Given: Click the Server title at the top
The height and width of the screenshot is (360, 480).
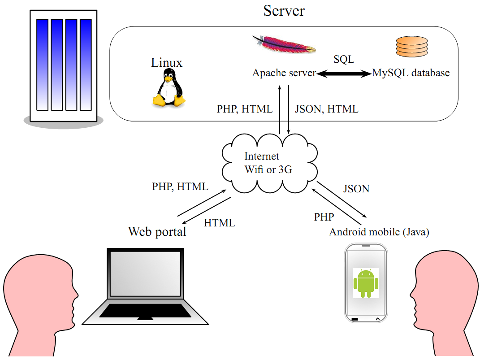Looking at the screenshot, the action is (284, 11).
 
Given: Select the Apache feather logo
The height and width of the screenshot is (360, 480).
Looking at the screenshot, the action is (284, 45).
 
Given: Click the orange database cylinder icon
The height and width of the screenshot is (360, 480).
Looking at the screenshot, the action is (412, 47).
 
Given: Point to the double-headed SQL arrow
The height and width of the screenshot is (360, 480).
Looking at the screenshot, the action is (344, 74).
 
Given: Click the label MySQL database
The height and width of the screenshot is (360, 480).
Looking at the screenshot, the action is (411, 73).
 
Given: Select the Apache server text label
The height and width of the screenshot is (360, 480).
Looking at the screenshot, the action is (284, 73).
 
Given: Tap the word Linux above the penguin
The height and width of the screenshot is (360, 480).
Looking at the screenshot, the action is (167, 62).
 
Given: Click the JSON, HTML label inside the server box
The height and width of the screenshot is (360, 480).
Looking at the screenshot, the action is (326, 109).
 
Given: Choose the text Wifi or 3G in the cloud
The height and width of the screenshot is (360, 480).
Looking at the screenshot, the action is (268, 169).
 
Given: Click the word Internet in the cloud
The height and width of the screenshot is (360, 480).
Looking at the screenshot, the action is (262, 156).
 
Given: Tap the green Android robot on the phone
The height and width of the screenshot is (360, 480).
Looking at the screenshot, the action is (366, 283).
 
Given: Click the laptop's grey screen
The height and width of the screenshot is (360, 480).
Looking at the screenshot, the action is (145, 274).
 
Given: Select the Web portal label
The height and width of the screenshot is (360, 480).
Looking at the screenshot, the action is (157, 232).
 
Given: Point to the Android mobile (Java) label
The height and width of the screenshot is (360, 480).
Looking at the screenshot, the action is (379, 232).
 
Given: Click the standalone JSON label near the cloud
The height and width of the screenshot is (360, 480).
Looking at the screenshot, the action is (356, 189).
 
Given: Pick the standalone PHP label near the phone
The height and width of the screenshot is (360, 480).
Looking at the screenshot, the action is (324, 217).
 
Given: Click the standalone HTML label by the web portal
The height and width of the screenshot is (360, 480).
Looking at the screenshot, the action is (220, 223).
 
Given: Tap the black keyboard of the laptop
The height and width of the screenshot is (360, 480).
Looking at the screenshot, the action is (145, 311).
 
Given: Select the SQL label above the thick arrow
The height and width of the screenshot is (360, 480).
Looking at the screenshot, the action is (344, 59).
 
